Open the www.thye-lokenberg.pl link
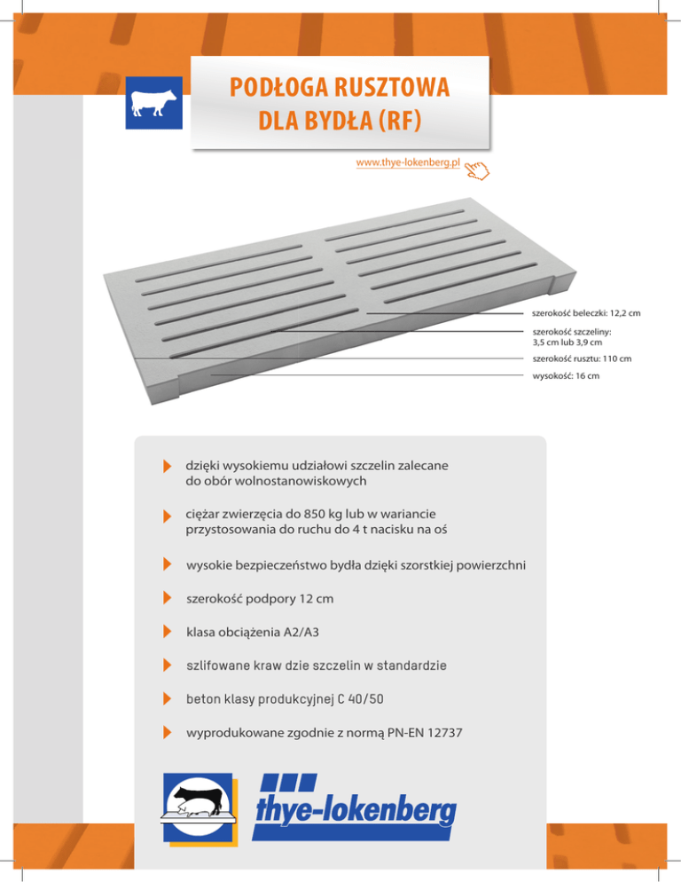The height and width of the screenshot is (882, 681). (x=407, y=164)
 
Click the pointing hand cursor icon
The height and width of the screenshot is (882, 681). (x=476, y=168)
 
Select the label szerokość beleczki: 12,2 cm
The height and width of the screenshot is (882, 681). (x=585, y=313)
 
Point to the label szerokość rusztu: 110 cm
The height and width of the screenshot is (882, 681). (x=580, y=359)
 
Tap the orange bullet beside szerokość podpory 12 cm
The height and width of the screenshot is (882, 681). (x=167, y=599)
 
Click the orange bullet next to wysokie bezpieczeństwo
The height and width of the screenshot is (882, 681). (x=167, y=565)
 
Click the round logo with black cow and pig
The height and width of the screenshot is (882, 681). (x=199, y=806)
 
